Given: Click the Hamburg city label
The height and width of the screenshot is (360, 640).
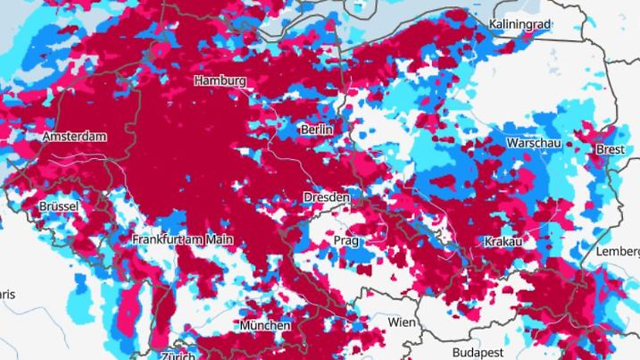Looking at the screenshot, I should point(220,80).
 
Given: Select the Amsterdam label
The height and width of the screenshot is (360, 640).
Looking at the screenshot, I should point(74,137).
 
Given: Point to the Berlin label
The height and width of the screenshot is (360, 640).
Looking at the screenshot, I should point(317,130).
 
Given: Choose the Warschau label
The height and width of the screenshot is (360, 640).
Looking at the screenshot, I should point(535,143).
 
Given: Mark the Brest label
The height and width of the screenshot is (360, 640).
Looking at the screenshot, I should point(611,150).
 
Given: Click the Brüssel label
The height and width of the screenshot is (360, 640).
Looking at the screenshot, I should point(60,206).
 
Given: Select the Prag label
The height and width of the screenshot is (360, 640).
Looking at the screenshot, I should point(345,241).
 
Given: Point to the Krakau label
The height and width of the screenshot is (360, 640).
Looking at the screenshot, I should point(503,242).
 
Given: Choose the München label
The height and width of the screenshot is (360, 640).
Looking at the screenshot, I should point(264,325).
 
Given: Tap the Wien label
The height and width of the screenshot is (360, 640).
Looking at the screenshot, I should point(403,322).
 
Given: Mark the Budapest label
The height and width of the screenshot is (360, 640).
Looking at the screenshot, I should point(478,352).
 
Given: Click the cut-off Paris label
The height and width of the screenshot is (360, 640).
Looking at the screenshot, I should point(7,294).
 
